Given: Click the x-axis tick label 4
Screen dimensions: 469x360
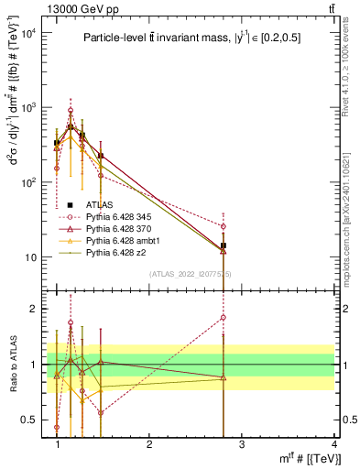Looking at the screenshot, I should [333, 443].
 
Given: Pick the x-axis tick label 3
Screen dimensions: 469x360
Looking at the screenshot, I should [242, 443].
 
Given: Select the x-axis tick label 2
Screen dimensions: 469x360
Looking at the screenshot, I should [149, 443].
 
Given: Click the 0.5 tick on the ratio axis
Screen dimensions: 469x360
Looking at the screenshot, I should [32, 420].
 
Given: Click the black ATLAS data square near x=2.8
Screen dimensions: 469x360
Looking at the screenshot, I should [223, 245].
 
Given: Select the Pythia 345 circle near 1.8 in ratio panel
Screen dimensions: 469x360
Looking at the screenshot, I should [223, 318].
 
